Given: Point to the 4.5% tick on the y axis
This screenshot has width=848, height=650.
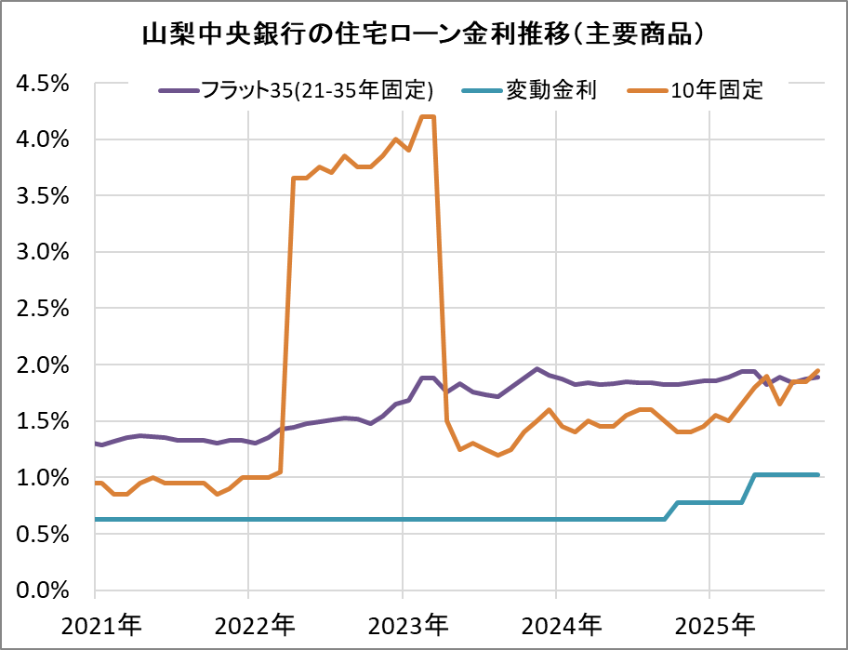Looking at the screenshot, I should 44,84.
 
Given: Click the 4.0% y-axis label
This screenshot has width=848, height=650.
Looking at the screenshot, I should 44,139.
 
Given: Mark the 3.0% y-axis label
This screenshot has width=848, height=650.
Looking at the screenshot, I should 44,252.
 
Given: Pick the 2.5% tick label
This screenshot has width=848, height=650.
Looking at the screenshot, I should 44,309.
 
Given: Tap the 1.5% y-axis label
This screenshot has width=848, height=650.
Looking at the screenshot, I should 44,421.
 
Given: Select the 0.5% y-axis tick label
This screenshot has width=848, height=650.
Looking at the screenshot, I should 44,534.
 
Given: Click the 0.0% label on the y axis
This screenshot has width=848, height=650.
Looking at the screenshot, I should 44,590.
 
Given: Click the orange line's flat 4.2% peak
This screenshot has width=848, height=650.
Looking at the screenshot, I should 428,116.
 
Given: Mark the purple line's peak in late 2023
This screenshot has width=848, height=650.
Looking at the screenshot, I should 537,369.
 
